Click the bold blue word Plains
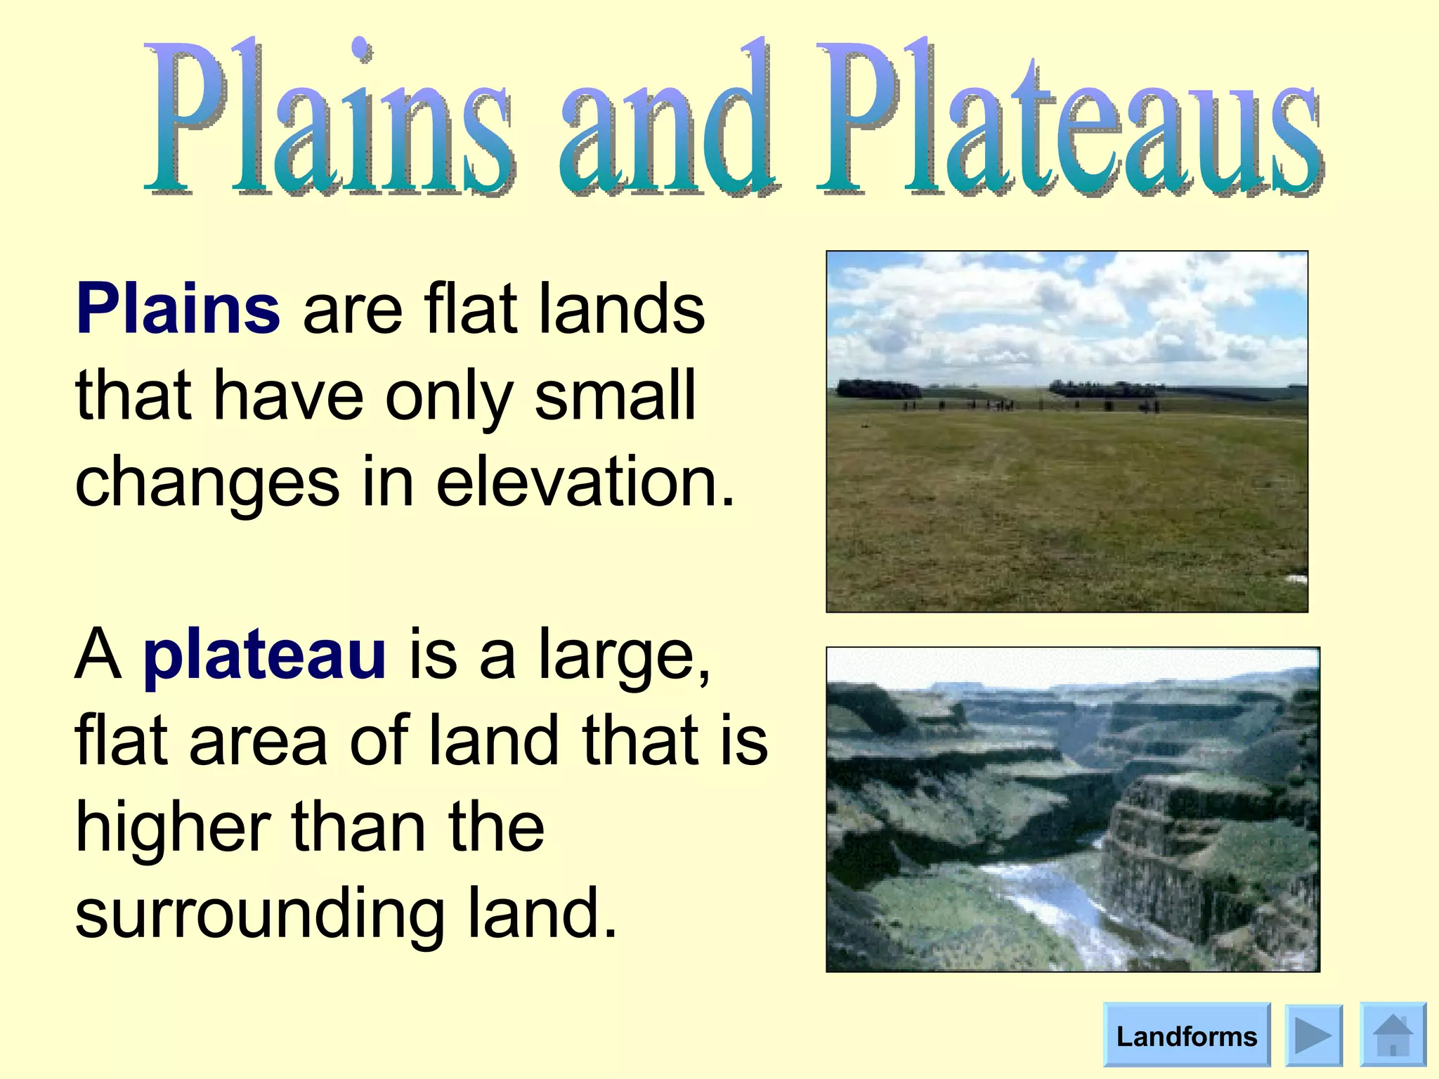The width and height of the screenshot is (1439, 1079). pyautogui.click(x=178, y=310)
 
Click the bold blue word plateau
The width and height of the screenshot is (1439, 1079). pyautogui.click(x=264, y=655)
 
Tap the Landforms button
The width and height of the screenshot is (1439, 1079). pyautogui.click(x=1186, y=1036)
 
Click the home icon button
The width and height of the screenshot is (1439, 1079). pyautogui.click(x=1393, y=1035)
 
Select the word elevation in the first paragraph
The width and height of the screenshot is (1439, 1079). pyautogui.click(x=585, y=482)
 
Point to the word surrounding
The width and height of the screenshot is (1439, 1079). pyautogui.click(x=259, y=913)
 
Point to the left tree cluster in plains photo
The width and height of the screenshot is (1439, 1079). pyautogui.click(x=878, y=389)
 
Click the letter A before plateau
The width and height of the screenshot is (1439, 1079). pyautogui.click(x=98, y=655)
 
